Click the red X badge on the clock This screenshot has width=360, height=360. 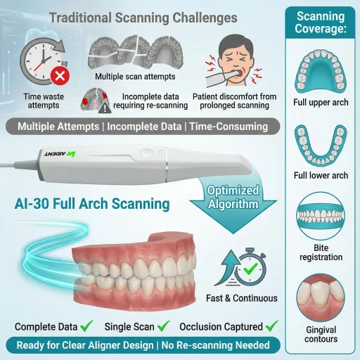click(x=60, y=76)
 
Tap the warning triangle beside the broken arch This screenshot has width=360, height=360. click(x=105, y=108)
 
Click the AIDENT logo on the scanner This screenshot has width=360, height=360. click(x=60, y=154)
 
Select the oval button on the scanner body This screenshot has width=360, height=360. click(x=147, y=153)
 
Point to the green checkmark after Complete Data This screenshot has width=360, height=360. click(x=86, y=326)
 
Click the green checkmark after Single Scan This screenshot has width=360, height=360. click(x=164, y=326)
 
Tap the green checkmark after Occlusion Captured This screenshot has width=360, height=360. click(x=272, y=326)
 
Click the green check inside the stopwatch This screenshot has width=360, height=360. click(x=250, y=269)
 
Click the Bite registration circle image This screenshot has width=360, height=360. click(x=321, y=216)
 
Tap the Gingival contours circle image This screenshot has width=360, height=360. click(x=321, y=298)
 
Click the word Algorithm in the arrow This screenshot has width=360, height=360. click(x=233, y=204)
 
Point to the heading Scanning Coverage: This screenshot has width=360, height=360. click(x=321, y=22)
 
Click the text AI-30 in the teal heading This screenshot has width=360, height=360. click(x=32, y=203)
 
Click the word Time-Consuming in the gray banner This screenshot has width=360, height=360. click(x=229, y=127)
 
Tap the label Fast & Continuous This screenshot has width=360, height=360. click(x=242, y=298)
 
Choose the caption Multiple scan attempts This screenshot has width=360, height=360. click(x=135, y=77)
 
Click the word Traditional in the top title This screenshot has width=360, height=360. click(x=81, y=18)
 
